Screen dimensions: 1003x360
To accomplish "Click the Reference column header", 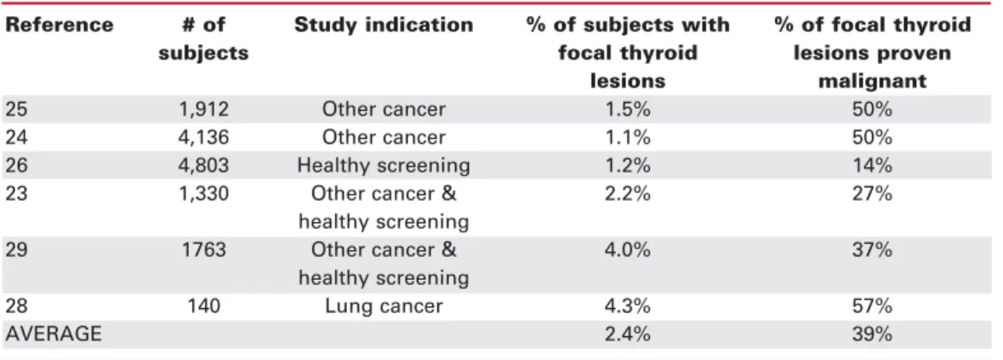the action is coord(59,25).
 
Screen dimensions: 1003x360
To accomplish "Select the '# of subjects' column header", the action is coord(203,39).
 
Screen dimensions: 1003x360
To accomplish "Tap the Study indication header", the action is coord(384,25).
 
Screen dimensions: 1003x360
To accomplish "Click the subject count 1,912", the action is coord(203,109).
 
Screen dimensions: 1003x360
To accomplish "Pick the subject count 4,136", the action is coord(203,138).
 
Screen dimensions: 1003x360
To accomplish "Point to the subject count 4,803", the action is coord(203,166).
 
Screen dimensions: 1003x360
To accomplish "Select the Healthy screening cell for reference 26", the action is coord(384,166).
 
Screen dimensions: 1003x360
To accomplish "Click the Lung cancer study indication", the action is coord(384,306).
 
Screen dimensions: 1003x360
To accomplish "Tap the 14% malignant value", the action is coord(872,166).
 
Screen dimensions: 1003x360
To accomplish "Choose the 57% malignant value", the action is coord(872,306).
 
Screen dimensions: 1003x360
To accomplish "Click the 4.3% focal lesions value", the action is coord(628,306).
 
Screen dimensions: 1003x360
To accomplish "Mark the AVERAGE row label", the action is coord(53,334).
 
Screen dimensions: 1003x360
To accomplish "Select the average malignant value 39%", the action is coord(872,334).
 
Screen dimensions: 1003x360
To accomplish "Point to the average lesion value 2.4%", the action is coord(628,334).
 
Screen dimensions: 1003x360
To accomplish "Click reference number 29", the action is coord(17,249).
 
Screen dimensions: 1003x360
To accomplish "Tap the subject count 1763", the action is coord(203,249).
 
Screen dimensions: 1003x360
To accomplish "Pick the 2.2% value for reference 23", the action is coord(628,193).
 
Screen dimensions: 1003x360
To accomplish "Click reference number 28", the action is coord(17,306).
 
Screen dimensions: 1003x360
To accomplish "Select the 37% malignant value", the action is coord(872,249).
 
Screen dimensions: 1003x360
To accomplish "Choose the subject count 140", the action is coord(203,306).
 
